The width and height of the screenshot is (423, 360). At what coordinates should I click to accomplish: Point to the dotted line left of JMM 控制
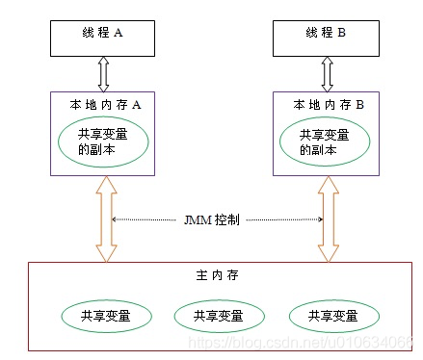(x=150, y=219)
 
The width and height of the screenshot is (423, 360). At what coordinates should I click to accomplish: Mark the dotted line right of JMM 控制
(x=285, y=219)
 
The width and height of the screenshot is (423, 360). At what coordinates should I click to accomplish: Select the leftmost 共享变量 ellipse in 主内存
(x=103, y=315)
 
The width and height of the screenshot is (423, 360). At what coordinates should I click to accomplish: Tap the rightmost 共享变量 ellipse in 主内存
(x=328, y=315)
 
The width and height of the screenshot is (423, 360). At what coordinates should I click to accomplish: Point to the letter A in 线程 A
(x=120, y=31)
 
